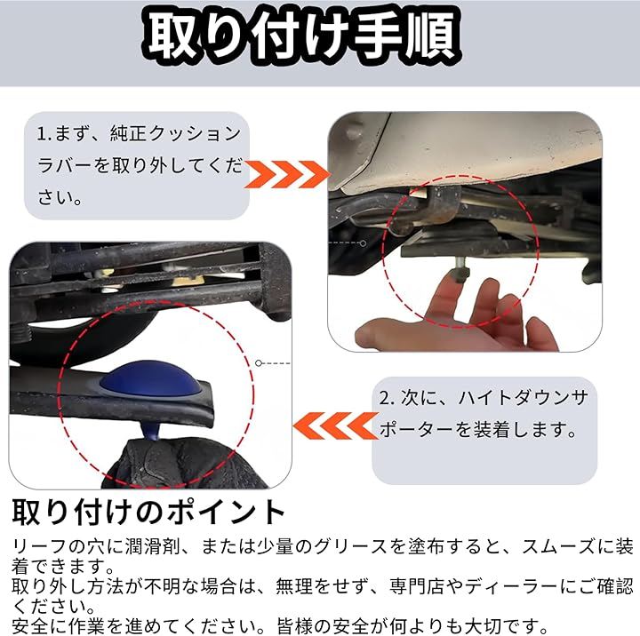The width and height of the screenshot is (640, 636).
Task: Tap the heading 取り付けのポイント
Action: pos(148,512)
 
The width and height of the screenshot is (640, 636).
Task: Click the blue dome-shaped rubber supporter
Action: pos(150,379)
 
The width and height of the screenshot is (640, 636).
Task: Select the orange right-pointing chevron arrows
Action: pos(287,174)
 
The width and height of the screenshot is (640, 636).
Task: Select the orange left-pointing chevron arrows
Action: pos(335,425)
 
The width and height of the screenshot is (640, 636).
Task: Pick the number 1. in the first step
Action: pos(44,134)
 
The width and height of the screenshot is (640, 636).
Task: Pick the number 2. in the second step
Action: pos(387,398)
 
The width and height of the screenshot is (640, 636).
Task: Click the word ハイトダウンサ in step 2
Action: pos(523,398)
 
